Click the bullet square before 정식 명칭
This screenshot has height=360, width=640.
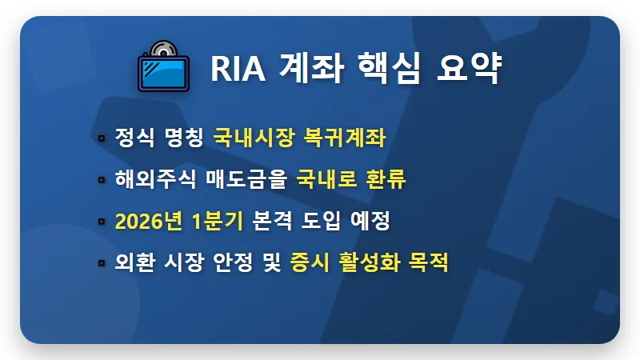pyautogui.click(x=101, y=138)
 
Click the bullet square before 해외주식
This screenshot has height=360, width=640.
pyautogui.click(x=101, y=180)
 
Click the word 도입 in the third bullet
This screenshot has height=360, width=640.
pyautogui.click(x=323, y=221)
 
